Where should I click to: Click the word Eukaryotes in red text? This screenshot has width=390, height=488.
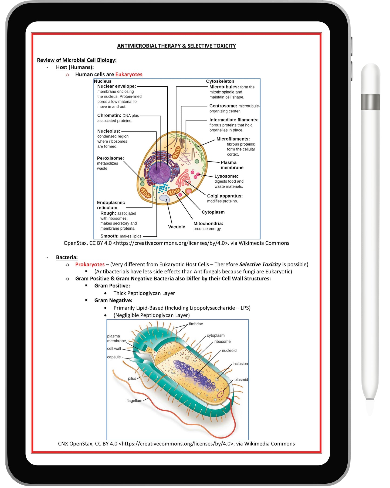point(128,74)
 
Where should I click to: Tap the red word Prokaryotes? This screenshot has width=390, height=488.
point(90,264)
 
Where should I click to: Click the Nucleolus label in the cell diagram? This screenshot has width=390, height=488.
point(108,131)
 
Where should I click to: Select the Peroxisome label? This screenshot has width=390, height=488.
point(110,158)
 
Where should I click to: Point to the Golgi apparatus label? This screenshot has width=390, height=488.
point(225,196)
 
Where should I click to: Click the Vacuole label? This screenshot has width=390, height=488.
point(177,227)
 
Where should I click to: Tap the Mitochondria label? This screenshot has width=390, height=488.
point(208,223)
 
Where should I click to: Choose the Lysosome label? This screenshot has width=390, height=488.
point(226,176)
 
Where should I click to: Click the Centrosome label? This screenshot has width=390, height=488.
point(223,106)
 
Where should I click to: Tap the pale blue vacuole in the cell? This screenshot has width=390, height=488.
point(164,199)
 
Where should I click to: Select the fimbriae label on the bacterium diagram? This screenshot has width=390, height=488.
point(196,324)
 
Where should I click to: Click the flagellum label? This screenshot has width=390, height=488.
point(134,400)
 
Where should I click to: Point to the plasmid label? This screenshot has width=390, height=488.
point(241,380)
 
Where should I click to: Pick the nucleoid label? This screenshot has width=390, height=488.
point(229,350)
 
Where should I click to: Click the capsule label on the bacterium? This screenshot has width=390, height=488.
point(114,357)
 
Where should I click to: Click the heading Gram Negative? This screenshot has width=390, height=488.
point(113,300)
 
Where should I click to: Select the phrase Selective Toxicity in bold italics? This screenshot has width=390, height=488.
point(260,264)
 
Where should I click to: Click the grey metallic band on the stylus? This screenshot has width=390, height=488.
point(370,102)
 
